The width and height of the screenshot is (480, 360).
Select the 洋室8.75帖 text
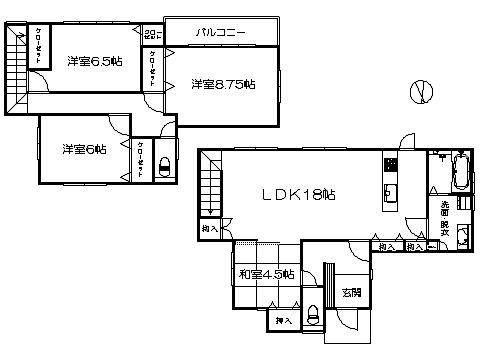pos(223,85)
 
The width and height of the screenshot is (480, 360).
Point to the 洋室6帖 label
pos(84,149)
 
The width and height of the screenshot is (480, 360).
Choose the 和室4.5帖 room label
pos(266,273)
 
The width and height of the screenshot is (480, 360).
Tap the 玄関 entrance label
pos(350,293)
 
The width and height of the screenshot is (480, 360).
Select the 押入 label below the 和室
pos(284,321)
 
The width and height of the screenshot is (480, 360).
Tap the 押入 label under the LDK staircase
pos(209,229)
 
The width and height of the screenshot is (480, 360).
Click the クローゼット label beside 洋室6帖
pos(140,159)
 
